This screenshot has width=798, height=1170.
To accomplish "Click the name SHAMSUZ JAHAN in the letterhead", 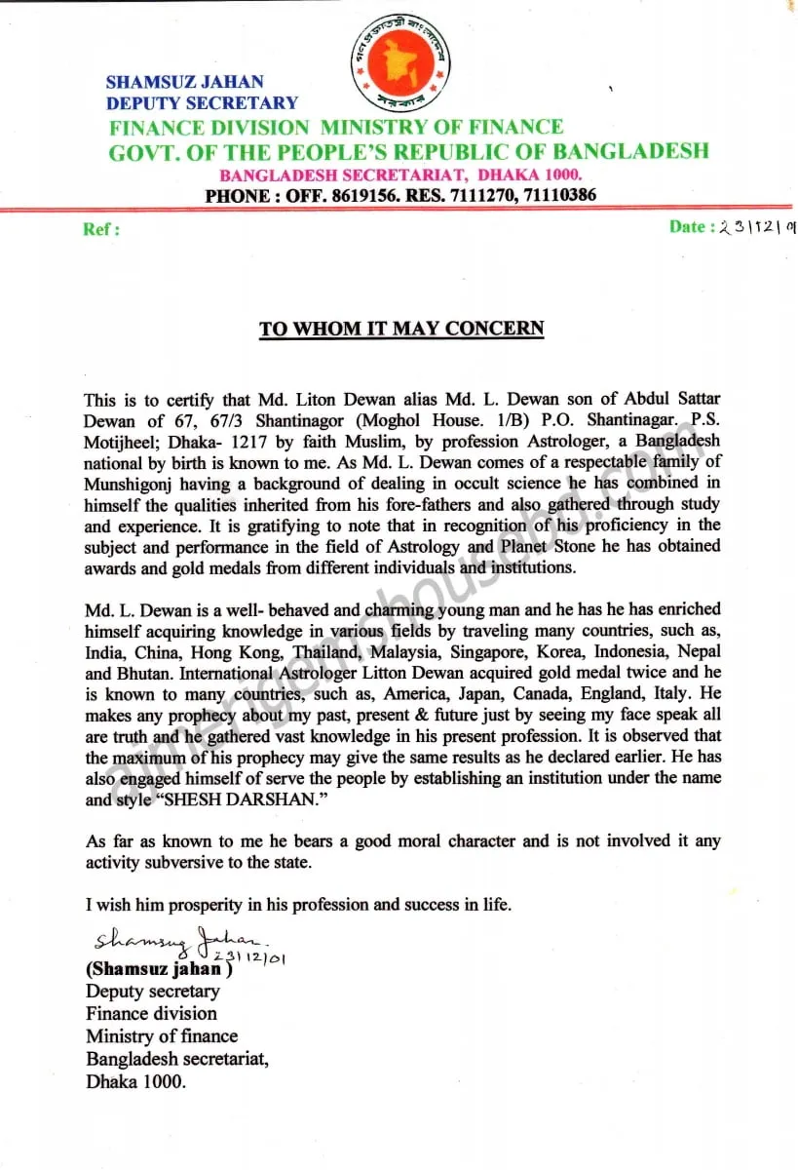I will pyautogui.click(x=184, y=82).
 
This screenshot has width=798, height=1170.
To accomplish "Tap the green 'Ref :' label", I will pyautogui.click(x=101, y=230).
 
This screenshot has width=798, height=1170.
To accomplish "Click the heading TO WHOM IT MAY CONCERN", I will pyautogui.click(x=400, y=328).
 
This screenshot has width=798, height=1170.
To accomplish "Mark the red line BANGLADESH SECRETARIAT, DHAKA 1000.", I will pyautogui.click(x=400, y=175).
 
